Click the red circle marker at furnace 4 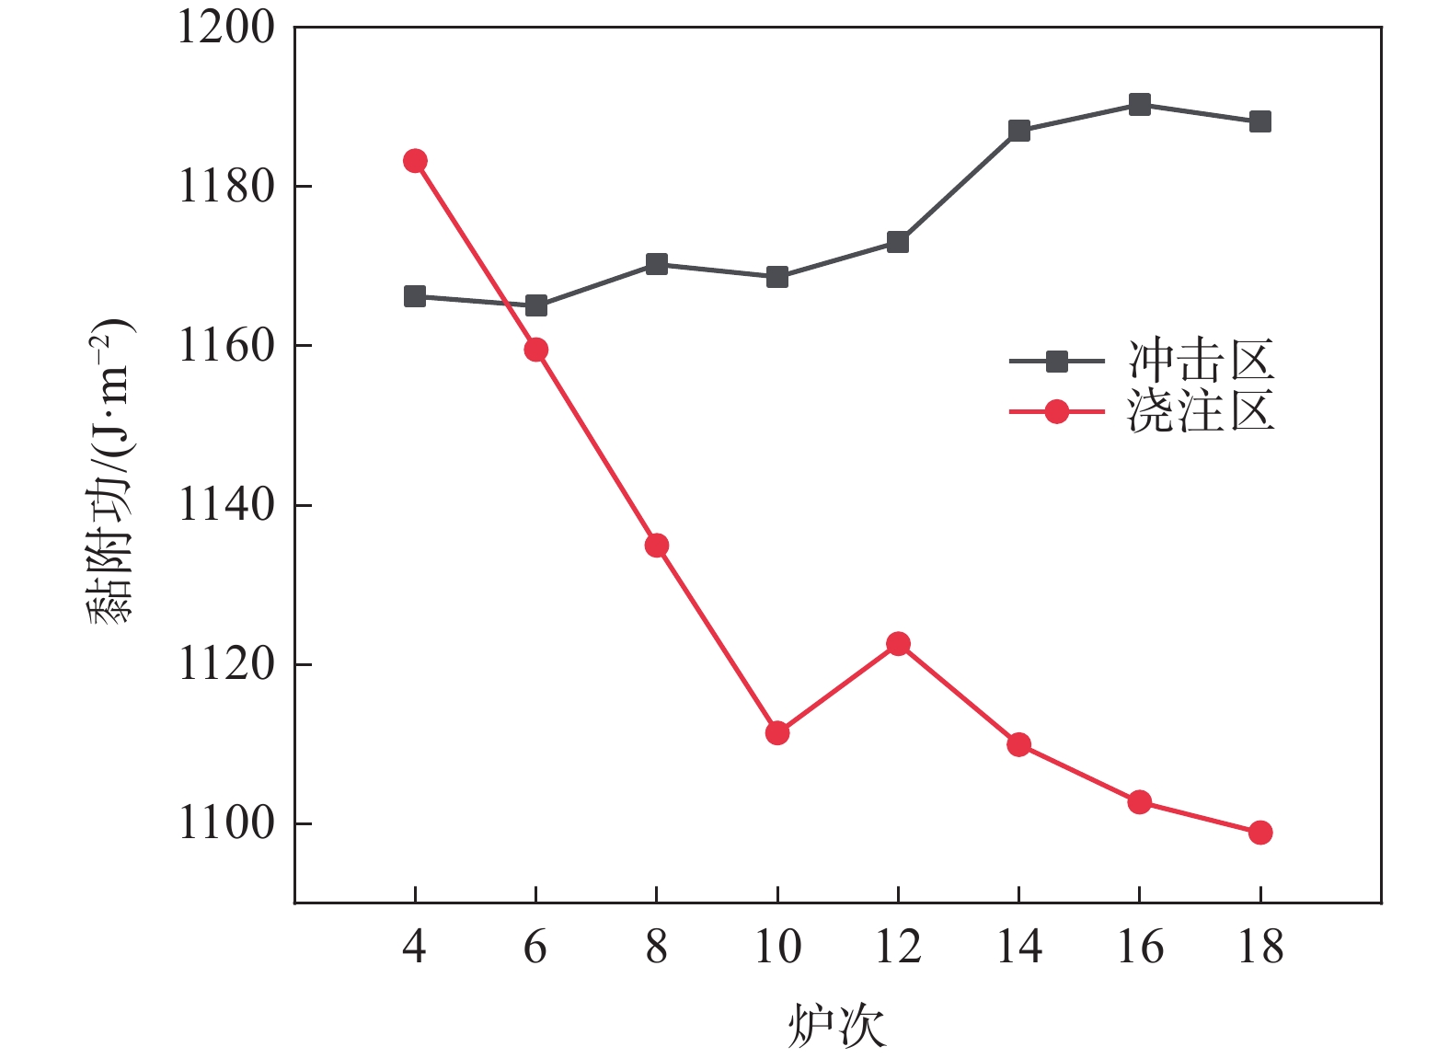[415, 161]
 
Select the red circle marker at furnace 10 [777, 733]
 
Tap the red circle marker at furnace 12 [898, 644]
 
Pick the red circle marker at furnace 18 [1260, 833]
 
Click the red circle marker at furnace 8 [657, 546]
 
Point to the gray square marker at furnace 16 [1140, 104]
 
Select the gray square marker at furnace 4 [415, 296]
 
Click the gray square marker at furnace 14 [1019, 131]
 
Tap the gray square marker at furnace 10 [777, 277]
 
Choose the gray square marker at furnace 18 [1260, 121]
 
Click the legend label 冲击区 [1202, 361]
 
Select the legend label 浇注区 [1202, 410]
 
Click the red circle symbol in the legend [1057, 411]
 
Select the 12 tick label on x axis [898, 947]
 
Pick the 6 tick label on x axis [535, 947]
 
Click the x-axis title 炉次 [836, 1026]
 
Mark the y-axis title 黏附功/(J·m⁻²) [111, 471]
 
